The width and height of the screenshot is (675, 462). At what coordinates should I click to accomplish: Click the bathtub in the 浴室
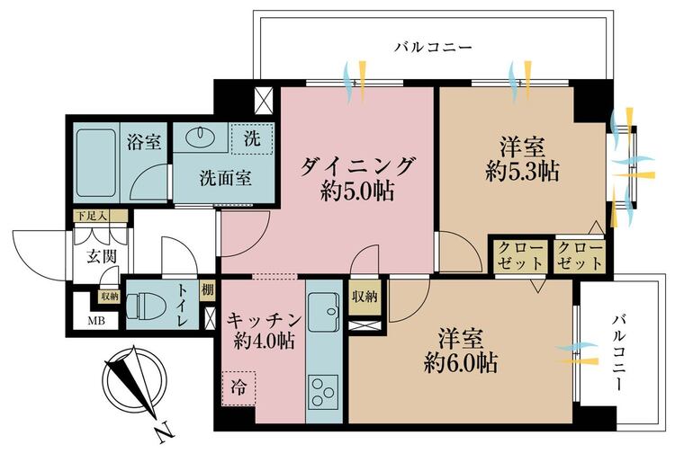(x=95, y=163)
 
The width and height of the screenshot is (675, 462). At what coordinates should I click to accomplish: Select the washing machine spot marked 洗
(x=252, y=138)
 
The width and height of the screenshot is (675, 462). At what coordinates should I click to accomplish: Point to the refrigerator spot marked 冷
(x=238, y=388)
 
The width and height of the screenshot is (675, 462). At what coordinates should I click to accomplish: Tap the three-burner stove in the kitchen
(x=323, y=392)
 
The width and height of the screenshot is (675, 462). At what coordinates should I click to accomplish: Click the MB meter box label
(x=96, y=321)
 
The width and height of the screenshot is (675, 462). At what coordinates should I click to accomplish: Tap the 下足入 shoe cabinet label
(x=91, y=216)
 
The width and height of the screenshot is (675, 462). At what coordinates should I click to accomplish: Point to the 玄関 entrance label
(x=102, y=257)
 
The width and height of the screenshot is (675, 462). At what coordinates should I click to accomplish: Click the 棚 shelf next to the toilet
(x=207, y=290)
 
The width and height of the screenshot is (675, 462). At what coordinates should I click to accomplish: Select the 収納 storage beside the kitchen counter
(x=365, y=296)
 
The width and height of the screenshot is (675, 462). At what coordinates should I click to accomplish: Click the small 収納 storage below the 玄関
(x=109, y=296)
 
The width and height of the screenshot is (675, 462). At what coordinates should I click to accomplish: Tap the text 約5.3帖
(x=522, y=173)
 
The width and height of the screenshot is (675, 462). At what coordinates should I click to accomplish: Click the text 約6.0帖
(x=461, y=364)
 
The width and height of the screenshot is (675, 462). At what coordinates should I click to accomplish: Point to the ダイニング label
(x=357, y=166)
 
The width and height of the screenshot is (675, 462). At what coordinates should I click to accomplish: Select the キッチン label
(x=264, y=319)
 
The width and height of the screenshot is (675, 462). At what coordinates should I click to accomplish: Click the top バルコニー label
(x=434, y=47)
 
